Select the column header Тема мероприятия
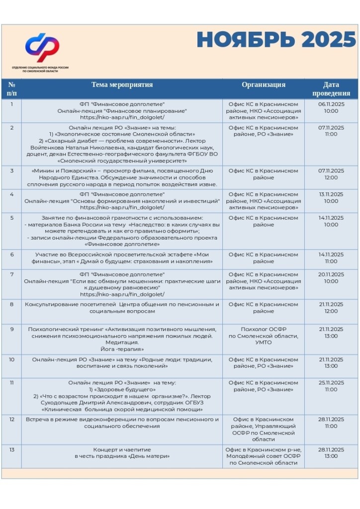coord(122,85)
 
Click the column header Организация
coord(264,85)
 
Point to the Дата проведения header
coord(331,89)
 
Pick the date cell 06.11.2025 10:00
coord(331,107)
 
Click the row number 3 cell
coord(12,171)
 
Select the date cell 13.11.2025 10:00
coord(331,197)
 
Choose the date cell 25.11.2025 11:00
coord(331,386)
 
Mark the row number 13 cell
coord(12,450)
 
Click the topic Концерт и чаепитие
coord(122,450)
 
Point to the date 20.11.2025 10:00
coord(331,277)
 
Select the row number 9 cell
coord(12,329)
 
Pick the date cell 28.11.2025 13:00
coord(331,453)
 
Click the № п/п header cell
coord(12,89)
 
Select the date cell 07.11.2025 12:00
coord(331,174)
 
